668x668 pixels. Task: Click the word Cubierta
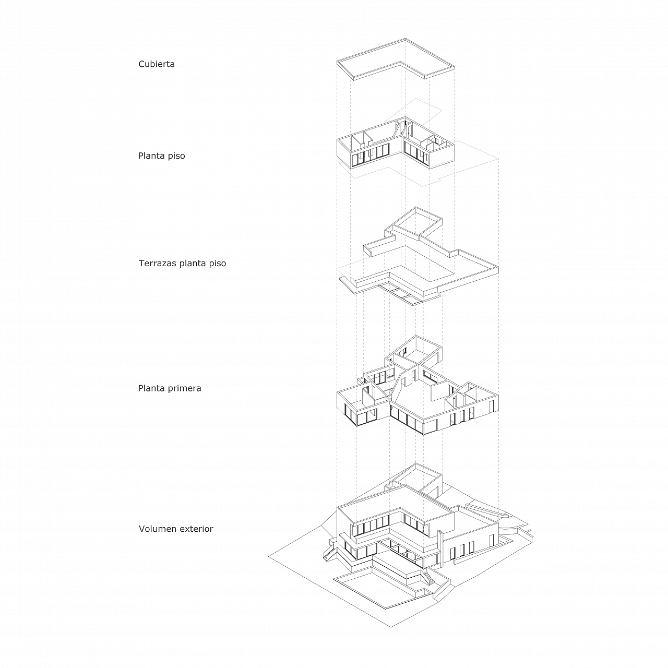pyautogui.click(x=157, y=64)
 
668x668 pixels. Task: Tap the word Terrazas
pyautogui.click(x=158, y=263)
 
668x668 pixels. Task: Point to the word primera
pyautogui.click(x=184, y=388)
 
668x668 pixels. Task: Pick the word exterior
pyautogui.click(x=196, y=529)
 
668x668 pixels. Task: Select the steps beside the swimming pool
pyautogui.click(x=429, y=577)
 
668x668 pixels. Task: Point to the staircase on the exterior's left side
pyautogui.click(x=328, y=552)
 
